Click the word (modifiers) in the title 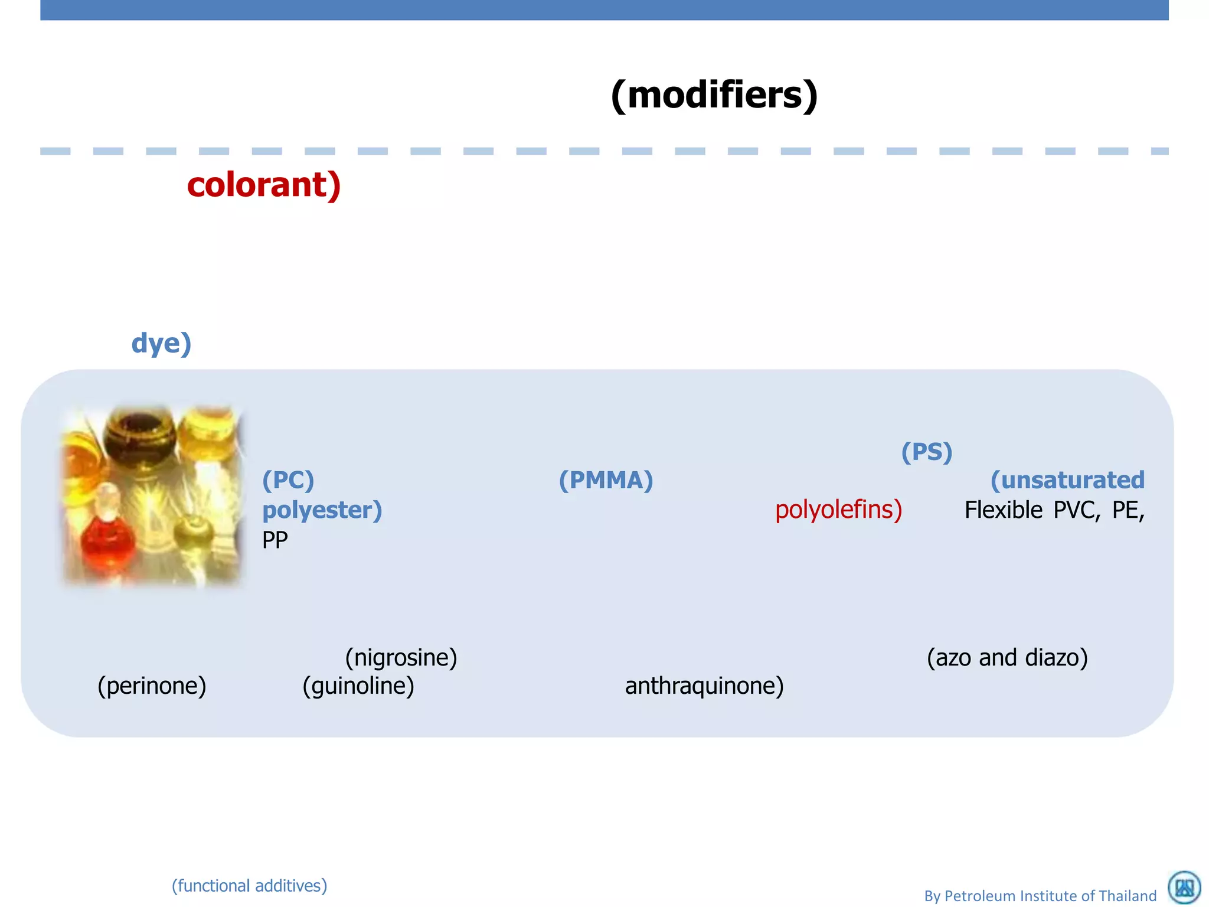[x=714, y=96]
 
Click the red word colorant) [x=264, y=185]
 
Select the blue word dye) [x=161, y=344]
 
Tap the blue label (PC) [x=288, y=480]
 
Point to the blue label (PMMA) [x=606, y=480]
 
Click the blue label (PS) [x=927, y=452]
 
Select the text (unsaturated [x=1067, y=480]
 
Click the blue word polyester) [x=322, y=510]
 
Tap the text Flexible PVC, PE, [x=1054, y=510]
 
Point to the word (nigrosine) [x=401, y=658]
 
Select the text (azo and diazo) [x=1007, y=658]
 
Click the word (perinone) [x=152, y=686]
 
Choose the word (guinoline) [x=358, y=686]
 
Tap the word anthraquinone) [x=704, y=686]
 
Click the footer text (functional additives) [x=249, y=886]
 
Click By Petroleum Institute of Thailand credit [x=1040, y=896]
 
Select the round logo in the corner [x=1184, y=888]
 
